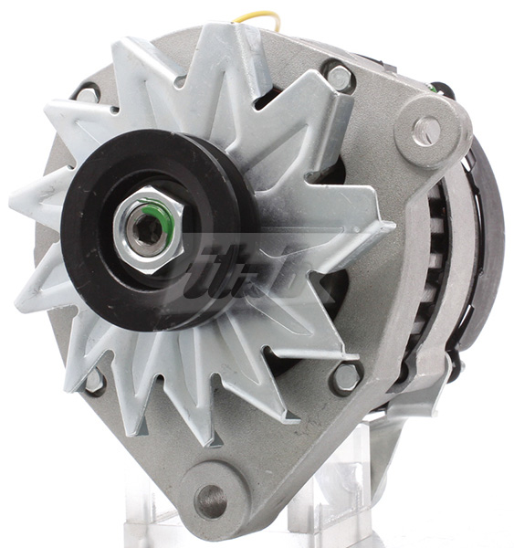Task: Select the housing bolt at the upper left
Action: click(x=88, y=93)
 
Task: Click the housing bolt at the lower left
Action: click(x=94, y=380)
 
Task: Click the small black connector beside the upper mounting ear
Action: click(x=442, y=90)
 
